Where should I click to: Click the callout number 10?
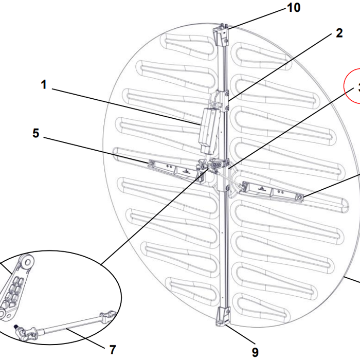click(294, 8)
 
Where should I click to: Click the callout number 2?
click(338, 33)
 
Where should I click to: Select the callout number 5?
click(35, 133)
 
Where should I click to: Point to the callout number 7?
click(113, 349)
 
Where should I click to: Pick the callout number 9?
click(255, 352)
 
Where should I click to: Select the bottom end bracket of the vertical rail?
click(223, 316)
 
